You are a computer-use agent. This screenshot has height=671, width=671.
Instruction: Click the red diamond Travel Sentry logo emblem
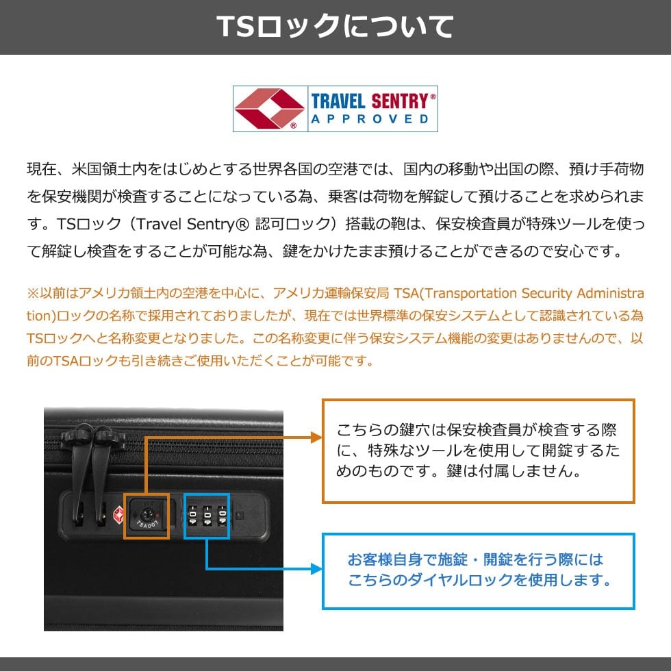tap(269, 109)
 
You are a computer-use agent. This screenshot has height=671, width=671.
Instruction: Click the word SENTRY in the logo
tap(400, 101)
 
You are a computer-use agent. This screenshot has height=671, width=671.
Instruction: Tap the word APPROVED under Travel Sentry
tap(370, 119)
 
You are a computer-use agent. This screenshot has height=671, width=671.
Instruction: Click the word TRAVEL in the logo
tap(338, 101)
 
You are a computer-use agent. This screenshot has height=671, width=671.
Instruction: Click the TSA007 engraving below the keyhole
tap(147, 524)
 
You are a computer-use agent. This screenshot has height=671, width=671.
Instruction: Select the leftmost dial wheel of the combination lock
tap(192, 516)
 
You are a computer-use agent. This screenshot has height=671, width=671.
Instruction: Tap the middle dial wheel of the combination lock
tap(207, 516)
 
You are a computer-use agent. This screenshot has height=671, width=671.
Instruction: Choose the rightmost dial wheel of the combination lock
tap(223, 516)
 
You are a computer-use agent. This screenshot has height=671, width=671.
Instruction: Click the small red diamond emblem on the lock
tap(118, 515)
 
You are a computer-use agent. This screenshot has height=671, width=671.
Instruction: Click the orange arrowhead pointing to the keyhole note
tap(316, 438)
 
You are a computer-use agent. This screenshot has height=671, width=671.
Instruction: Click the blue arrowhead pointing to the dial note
tap(316, 569)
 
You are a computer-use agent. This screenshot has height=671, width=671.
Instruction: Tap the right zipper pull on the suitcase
tap(103, 471)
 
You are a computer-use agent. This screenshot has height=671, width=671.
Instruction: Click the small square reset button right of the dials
tap(240, 516)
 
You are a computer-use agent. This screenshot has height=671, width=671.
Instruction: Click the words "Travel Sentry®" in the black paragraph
tap(192, 224)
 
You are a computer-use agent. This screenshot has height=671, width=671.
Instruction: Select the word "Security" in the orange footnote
tap(546, 294)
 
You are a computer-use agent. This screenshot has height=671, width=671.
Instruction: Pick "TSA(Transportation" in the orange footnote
tap(455, 294)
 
